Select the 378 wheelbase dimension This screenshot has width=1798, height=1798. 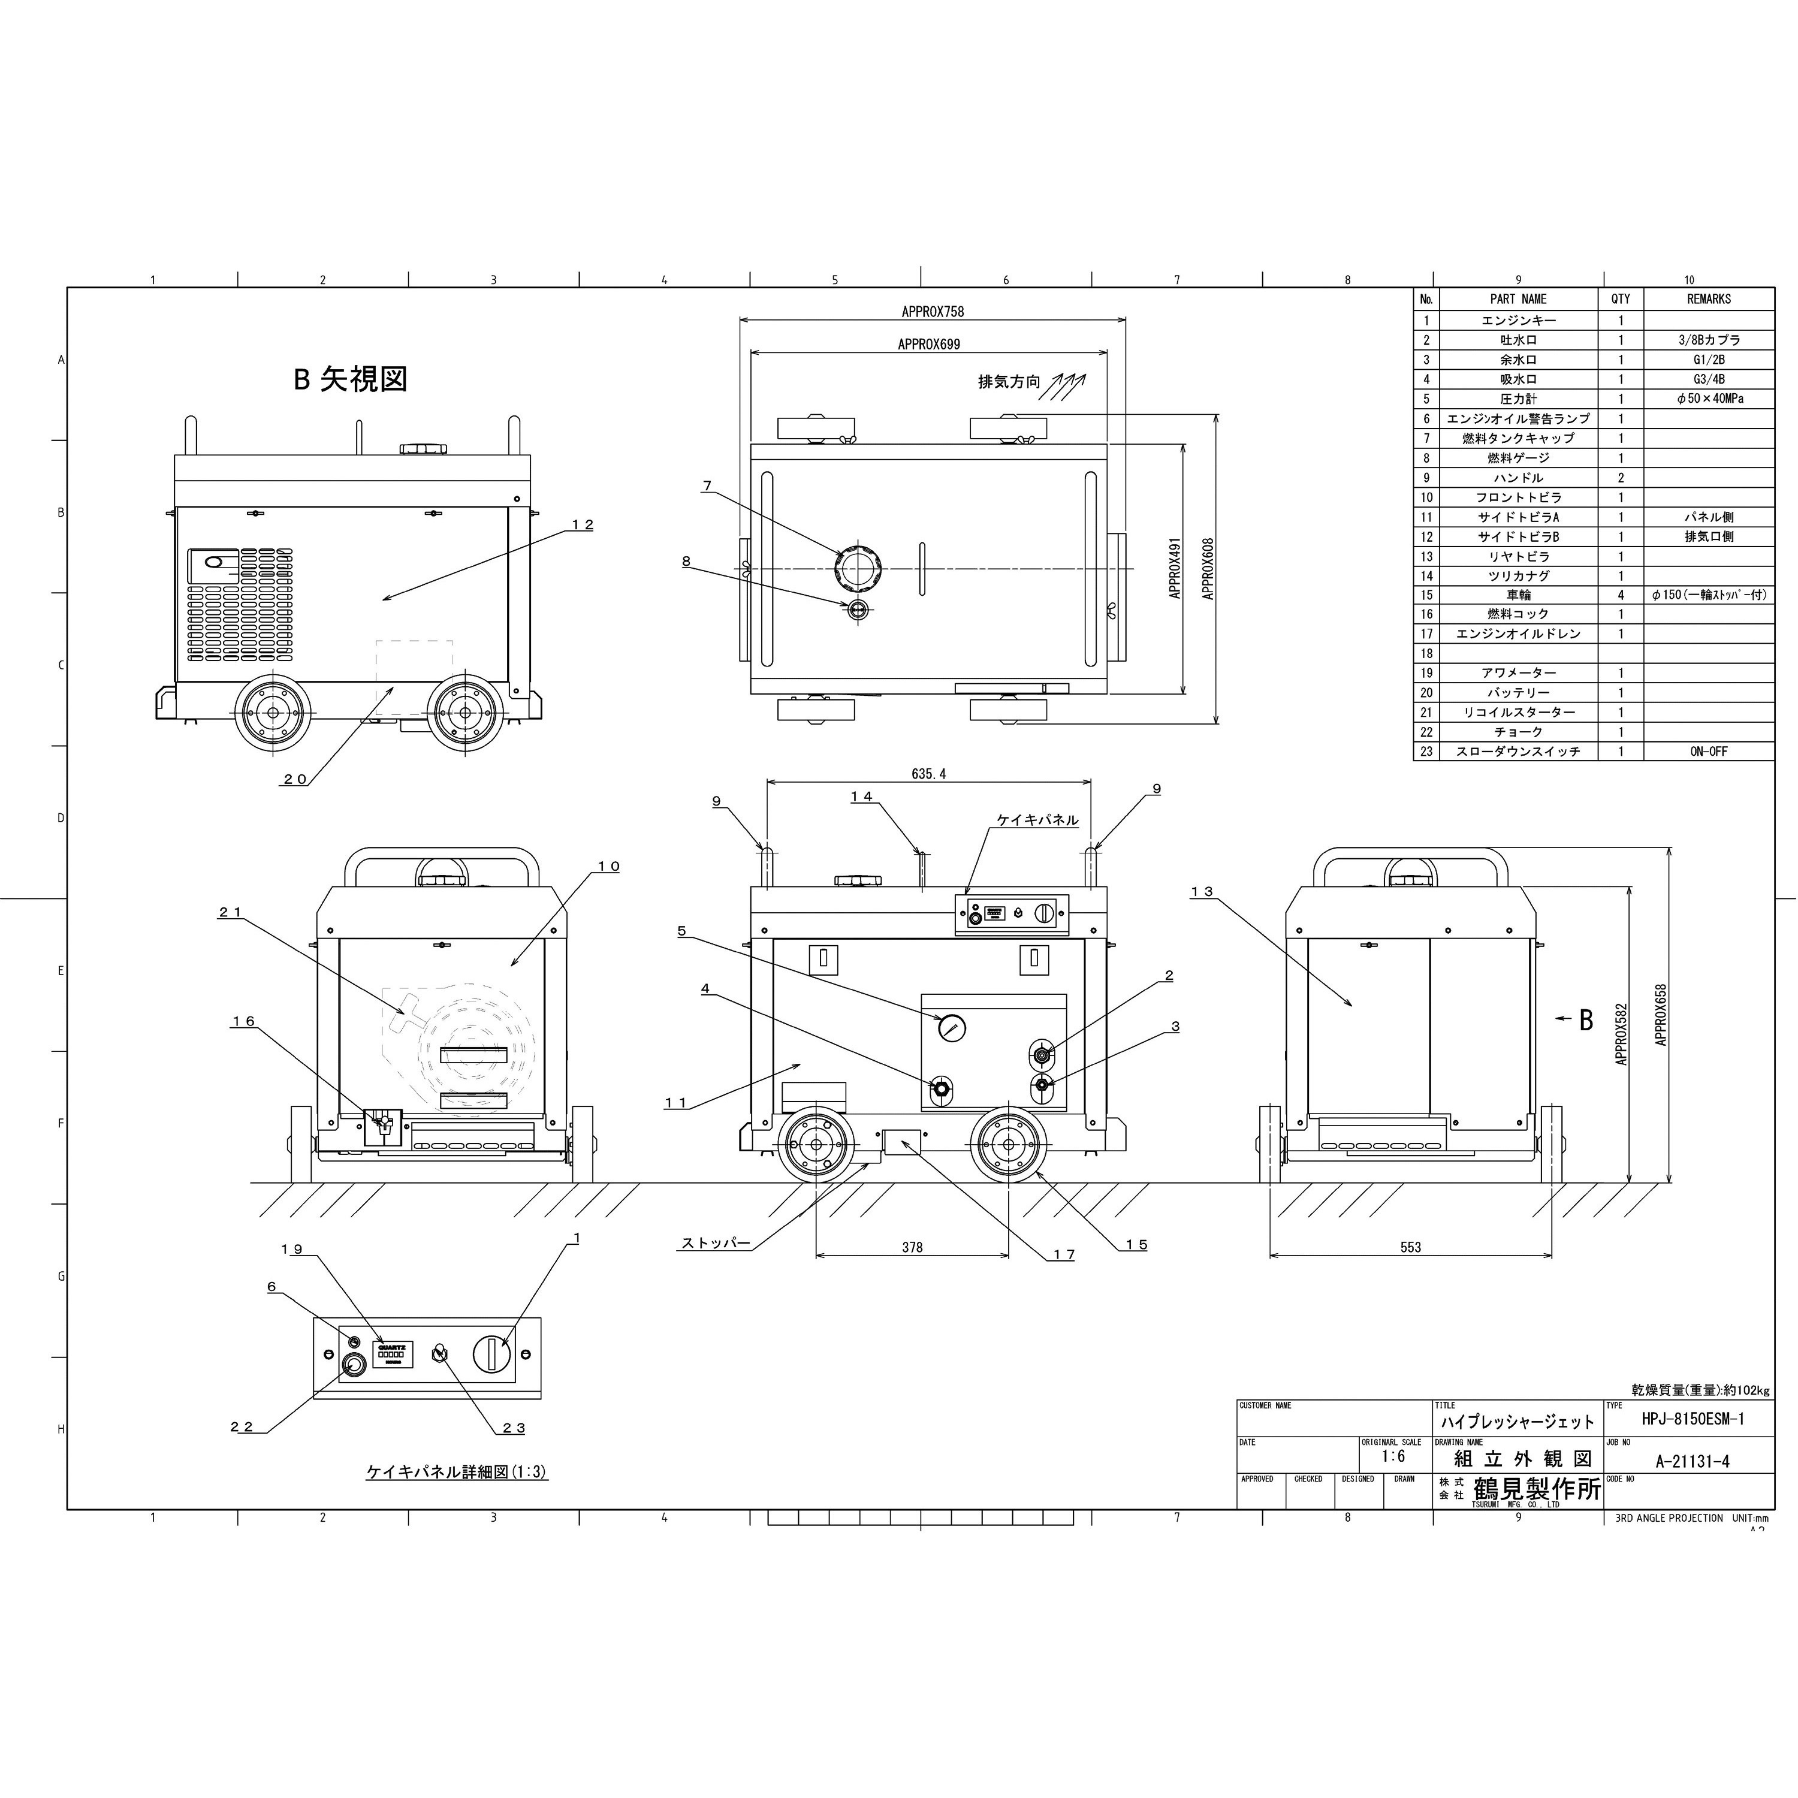point(912,1247)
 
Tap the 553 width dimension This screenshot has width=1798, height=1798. point(1410,1247)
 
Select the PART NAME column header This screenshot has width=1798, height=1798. point(1518,298)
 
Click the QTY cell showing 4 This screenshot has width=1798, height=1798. point(1620,595)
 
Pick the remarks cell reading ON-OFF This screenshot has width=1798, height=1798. point(1709,751)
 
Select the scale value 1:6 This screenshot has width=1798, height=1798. point(1393,1456)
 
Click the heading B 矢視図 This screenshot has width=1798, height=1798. point(350,379)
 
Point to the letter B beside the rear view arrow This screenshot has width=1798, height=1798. point(1586,1020)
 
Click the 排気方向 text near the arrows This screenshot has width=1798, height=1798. point(1008,382)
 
